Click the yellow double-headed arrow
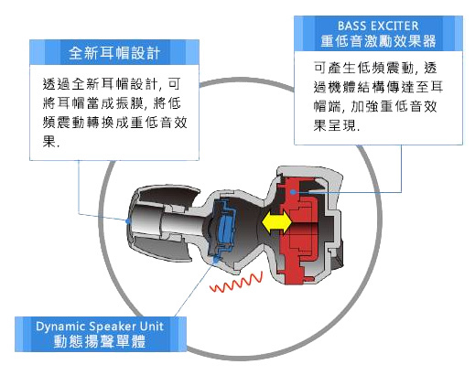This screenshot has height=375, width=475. pyautogui.click(x=276, y=222)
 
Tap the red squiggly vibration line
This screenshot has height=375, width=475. pyautogui.click(x=236, y=283)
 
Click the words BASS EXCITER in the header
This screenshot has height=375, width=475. pyautogui.click(x=378, y=26)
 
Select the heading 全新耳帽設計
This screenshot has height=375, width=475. pyautogui.click(x=114, y=53)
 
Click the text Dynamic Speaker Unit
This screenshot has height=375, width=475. pyautogui.click(x=100, y=327)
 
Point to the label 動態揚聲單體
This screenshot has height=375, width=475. pyautogui.click(x=100, y=341)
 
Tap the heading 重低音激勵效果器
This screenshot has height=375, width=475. pyautogui.click(x=378, y=41)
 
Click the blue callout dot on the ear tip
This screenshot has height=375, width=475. pyautogui.click(x=128, y=220)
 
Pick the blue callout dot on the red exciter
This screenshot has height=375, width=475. pyautogui.click(x=293, y=192)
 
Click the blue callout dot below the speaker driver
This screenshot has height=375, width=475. pyautogui.click(x=216, y=260)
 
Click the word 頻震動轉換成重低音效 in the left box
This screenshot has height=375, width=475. pyautogui.click(x=114, y=123)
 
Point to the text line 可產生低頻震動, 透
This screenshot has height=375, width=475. pyautogui.click(x=375, y=68)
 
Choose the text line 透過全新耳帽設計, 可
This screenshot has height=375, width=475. pyautogui.click(x=112, y=84)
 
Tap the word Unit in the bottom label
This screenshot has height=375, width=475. pyautogui.click(x=152, y=326)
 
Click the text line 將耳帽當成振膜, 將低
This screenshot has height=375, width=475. pyautogui.click(x=112, y=103)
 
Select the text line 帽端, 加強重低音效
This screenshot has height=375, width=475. pyautogui.click(x=375, y=106)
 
